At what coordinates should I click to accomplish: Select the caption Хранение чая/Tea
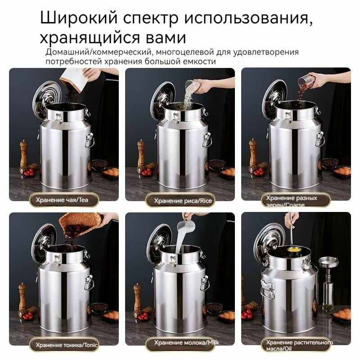(62, 200)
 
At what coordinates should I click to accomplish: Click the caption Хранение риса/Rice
(183, 201)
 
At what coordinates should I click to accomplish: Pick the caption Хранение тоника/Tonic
(67, 345)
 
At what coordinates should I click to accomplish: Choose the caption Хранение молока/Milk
(186, 343)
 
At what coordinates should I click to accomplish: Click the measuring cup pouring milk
(186, 226)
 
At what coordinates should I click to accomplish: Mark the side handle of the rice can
(207, 139)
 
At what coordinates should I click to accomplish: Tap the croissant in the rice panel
(227, 172)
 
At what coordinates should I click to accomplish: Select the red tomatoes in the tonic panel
(27, 316)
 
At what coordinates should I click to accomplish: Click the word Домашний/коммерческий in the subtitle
(99, 52)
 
